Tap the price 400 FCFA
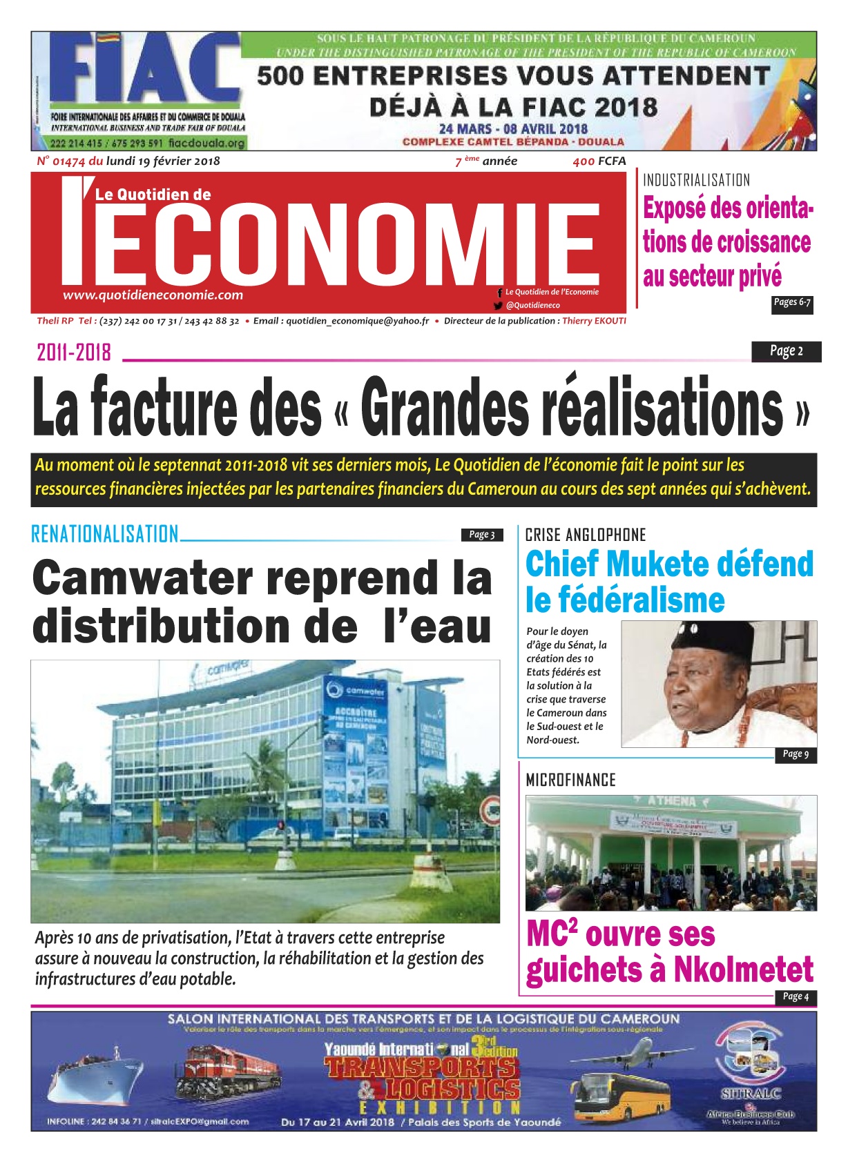(x=599, y=161)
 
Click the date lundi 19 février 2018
(x=163, y=161)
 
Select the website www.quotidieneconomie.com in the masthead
(x=153, y=295)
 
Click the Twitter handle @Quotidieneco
(x=532, y=305)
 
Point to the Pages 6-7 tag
(x=792, y=302)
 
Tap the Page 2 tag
(x=786, y=351)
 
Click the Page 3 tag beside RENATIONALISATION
(x=481, y=535)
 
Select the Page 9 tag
(x=796, y=754)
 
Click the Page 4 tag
(x=796, y=996)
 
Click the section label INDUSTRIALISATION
(x=696, y=181)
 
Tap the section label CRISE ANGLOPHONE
(x=586, y=535)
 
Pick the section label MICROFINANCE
(x=570, y=780)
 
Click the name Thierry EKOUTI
(x=594, y=321)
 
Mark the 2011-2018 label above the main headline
(x=74, y=353)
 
